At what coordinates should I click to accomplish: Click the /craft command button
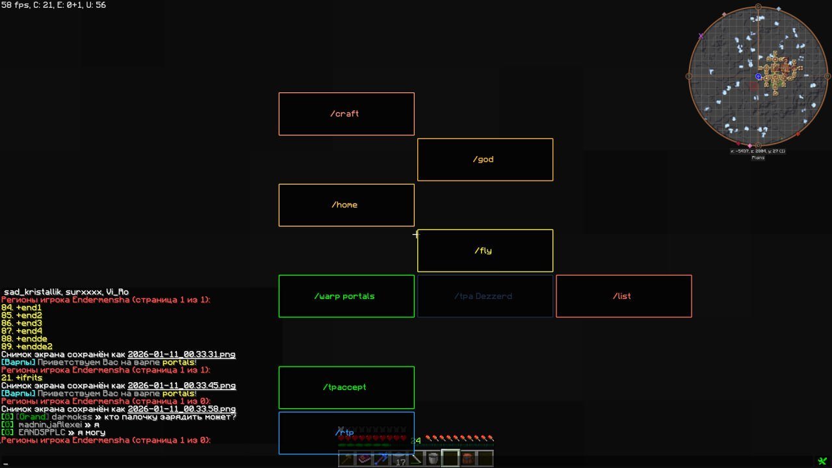346,114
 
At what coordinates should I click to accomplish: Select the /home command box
346,205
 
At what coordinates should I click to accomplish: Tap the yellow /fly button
485,250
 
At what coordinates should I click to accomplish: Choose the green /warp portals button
346,296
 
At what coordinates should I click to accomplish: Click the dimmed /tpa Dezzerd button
485,296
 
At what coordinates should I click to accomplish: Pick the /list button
623,296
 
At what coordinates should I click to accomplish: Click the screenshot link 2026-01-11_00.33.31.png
181,355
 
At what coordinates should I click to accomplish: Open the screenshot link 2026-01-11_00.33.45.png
181,386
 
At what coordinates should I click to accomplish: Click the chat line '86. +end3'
22,323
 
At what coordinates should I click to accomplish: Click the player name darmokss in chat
71,417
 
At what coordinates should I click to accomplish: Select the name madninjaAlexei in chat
50,425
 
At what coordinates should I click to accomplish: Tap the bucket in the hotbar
433,459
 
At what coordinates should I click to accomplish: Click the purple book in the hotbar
364,459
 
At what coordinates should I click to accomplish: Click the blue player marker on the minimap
758,77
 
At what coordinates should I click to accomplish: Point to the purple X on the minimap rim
701,36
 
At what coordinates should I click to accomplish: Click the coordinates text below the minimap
758,151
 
